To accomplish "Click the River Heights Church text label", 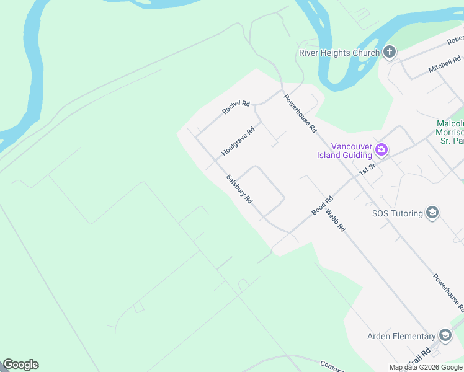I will (339, 53).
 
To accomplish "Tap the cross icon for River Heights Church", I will (390, 51).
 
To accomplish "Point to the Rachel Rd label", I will (236, 107).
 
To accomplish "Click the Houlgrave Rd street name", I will (238, 142).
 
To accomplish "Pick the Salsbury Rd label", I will (239, 189).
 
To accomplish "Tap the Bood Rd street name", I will (323, 206).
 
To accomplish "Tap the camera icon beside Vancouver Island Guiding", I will (381, 149).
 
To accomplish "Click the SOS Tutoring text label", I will (397, 213).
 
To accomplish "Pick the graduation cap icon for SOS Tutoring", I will (432, 213).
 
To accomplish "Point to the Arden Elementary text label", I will (401, 336).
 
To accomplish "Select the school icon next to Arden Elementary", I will (445, 335).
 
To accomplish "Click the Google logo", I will (20, 365).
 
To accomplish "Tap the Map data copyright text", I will (426, 367).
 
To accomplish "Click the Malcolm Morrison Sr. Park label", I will (450, 132).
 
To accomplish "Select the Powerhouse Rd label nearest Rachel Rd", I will (301, 113).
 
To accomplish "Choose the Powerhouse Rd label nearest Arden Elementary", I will (448, 293).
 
